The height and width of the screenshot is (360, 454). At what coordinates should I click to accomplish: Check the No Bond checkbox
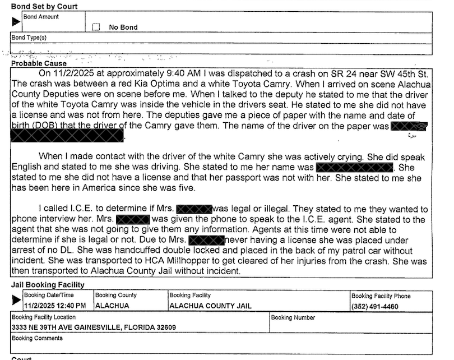95,26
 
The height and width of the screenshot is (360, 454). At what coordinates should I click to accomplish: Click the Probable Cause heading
39,64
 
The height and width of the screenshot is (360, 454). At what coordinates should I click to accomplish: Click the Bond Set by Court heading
44,7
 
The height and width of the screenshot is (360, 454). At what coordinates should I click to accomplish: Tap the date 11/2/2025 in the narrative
75,73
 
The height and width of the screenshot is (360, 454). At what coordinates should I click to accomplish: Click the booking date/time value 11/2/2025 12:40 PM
55,306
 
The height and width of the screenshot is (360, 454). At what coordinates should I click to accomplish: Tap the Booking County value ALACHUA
113,306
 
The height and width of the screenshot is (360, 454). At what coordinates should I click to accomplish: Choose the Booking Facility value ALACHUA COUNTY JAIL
210,306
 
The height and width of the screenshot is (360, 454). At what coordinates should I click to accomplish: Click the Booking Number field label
293,317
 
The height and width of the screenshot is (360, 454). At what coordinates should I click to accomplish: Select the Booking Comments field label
37,338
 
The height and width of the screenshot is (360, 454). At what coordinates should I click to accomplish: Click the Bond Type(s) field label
29,38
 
